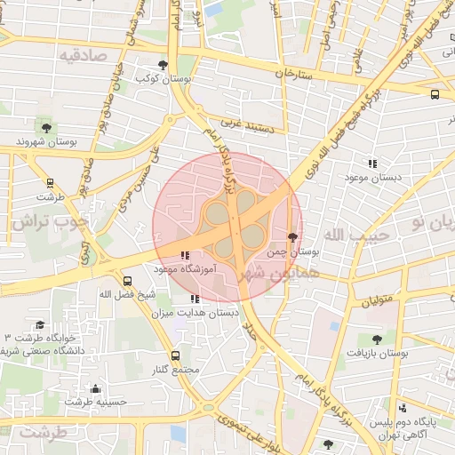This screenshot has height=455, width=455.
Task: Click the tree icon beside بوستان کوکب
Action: click(x=163, y=65)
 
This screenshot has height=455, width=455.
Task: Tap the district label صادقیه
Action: click(x=82, y=54)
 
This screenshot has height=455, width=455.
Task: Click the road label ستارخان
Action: click(x=295, y=75)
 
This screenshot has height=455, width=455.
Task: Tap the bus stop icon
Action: click(x=435, y=94)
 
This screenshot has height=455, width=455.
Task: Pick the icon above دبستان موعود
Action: click(x=371, y=164)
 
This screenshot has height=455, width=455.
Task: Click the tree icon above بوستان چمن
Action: click(x=293, y=237)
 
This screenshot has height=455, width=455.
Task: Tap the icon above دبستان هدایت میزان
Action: click(x=195, y=299)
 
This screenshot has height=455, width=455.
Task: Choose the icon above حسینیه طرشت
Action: click(x=95, y=388)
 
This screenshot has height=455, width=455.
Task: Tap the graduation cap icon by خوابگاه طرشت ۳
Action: click(x=39, y=325)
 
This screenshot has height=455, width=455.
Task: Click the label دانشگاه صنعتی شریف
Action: click(x=42, y=352)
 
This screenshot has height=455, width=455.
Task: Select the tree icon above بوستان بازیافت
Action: click(x=377, y=339)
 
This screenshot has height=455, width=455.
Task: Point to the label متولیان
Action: click(x=379, y=302)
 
